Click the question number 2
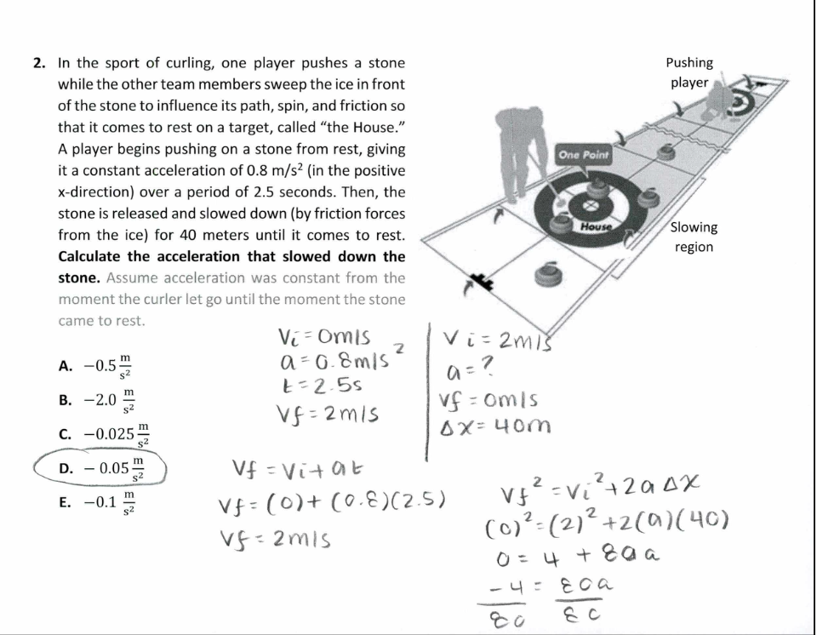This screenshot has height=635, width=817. (x=39, y=63)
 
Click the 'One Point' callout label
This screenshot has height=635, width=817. (x=584, y=154)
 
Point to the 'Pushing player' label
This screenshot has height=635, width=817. (x=689, y=72)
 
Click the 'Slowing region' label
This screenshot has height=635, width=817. (x=694, y=237)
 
